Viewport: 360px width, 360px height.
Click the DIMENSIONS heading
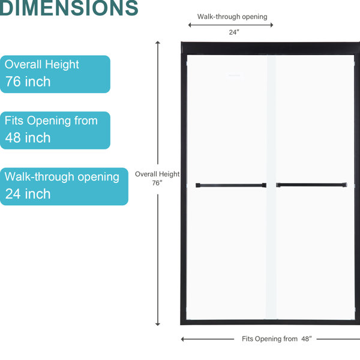[69, 8]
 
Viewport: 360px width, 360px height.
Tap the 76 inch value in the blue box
[28, 82]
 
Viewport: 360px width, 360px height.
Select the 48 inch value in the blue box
[28, 138]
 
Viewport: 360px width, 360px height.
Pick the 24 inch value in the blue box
[28, 194]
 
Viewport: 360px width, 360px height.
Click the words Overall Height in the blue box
[42, 65]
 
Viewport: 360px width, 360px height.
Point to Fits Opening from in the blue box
[51, 121]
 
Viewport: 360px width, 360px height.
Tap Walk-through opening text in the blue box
[62, 177]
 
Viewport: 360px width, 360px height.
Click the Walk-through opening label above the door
[232, 17]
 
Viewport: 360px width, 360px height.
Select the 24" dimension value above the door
[234, 32]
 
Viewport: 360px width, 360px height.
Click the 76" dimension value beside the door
[157, 183]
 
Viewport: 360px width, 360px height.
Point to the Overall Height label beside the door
[157, 174]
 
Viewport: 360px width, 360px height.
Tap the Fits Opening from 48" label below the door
[277, 339]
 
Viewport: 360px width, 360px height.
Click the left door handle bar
[231, 185]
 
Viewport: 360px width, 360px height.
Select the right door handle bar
[311, 185]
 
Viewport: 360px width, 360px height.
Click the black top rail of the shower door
[271, 48]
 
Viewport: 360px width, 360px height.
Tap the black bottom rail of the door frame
[270, 322]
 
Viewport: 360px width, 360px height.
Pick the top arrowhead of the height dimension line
[157, 43]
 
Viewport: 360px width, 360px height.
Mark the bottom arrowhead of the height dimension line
[157, 324]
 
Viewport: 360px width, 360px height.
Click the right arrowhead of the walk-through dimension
[272, 25]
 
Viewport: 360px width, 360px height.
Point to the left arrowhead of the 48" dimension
[183, 339]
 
